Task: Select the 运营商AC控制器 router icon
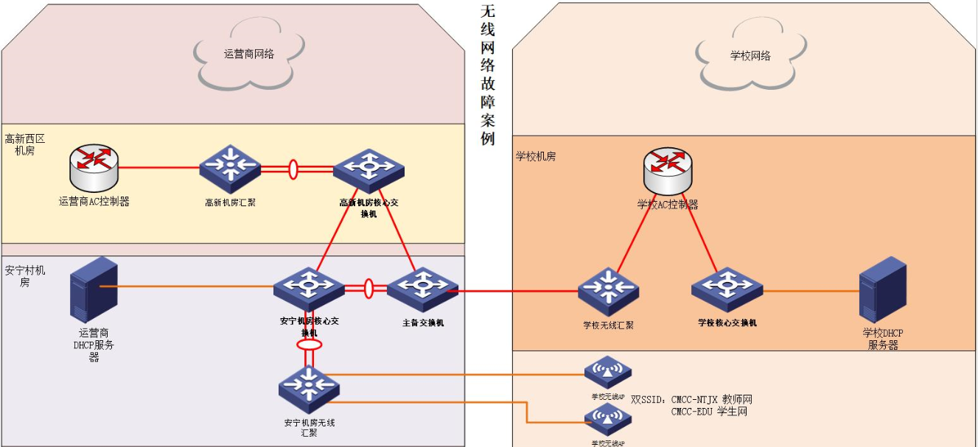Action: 94,167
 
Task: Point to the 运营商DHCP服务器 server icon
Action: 94,288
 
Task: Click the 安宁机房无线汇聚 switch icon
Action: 309,388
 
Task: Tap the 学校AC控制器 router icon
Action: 667,170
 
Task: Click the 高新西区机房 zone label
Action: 25,144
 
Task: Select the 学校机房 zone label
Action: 536,157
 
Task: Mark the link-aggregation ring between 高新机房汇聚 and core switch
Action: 293,169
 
